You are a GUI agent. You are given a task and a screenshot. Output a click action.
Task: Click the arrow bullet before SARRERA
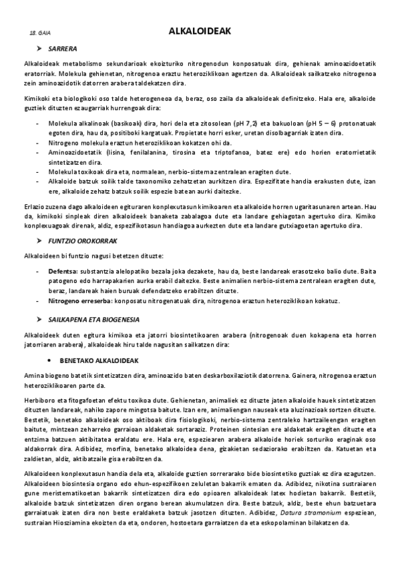pos(39,49)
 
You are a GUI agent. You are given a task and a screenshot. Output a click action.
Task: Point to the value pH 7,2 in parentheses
pos(254,124)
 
